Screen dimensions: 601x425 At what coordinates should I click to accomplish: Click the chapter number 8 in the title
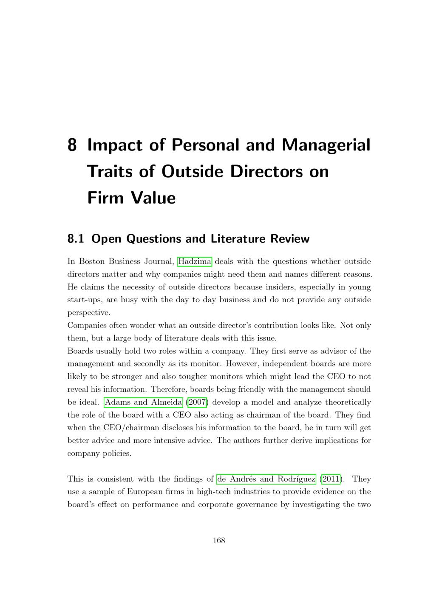tap(72, 145)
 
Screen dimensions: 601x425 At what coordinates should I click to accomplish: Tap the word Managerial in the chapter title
tap(326, 145)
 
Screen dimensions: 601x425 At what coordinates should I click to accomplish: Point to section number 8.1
tap(76, 239)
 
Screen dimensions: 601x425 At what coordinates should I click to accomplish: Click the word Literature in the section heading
tap(238, 239)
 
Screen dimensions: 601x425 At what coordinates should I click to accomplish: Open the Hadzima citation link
tap(195, 261)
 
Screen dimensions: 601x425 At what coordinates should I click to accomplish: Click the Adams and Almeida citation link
tap(143, 402)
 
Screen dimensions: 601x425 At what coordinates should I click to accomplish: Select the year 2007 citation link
tap(197, 402)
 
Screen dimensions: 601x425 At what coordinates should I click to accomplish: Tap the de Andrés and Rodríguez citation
tap(266, 479)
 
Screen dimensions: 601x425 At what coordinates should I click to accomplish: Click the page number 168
tap(219, 541)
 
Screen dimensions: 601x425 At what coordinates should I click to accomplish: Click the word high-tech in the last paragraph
tap(198, 492)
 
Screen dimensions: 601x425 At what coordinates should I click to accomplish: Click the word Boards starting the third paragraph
tap(79, 351)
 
